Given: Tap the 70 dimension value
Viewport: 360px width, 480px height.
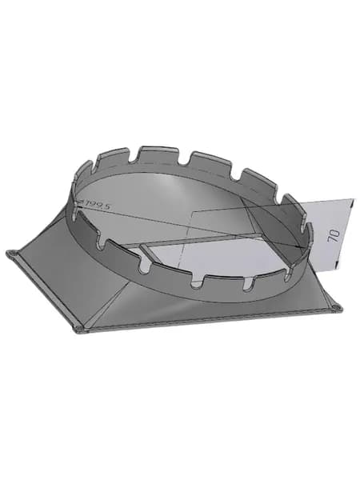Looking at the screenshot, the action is coord(334,236).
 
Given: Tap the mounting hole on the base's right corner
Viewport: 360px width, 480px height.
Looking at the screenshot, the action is coord(336,306).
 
